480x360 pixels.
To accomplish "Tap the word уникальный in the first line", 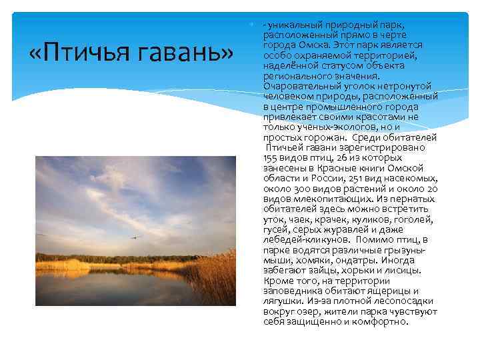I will tap(293, 25).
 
